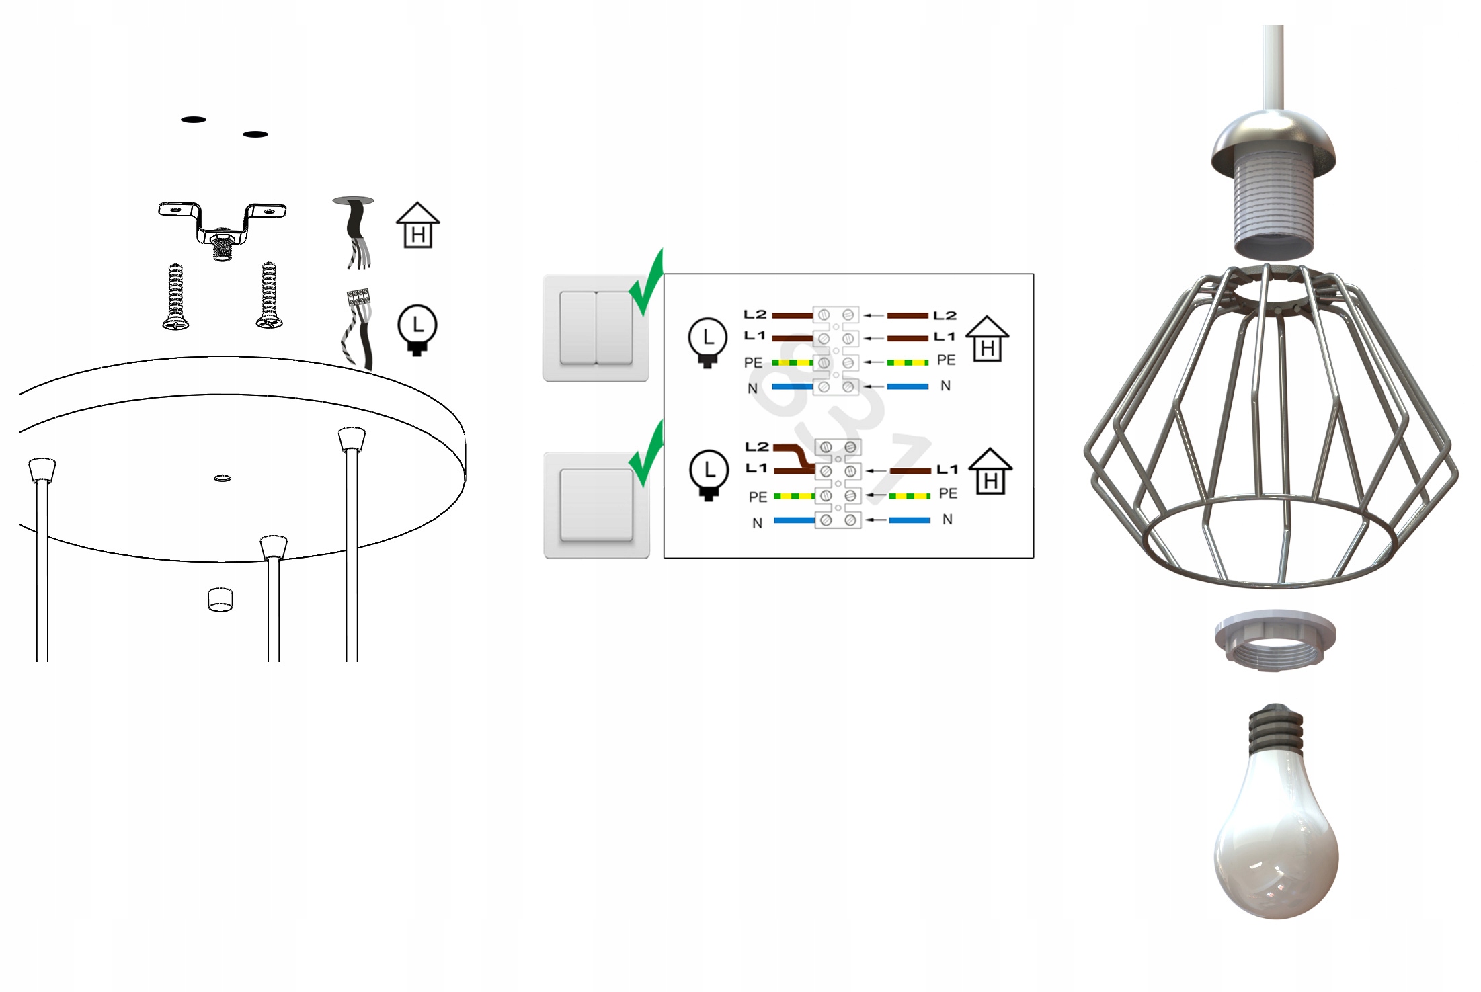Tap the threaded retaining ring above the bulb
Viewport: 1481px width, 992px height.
coord(1275,642)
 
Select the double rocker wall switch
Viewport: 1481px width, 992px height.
coord(596,328)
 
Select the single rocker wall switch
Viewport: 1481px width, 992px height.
coord(596,505)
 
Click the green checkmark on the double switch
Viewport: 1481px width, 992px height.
coord(647,284)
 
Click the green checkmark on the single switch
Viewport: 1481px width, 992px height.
coord(647,456)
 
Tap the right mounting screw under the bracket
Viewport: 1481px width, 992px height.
coord(269,296)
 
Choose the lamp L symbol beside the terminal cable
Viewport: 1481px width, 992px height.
coord(417,329)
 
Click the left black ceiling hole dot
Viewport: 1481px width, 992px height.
coord(194,120)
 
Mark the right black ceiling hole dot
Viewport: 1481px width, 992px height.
coord(255,134)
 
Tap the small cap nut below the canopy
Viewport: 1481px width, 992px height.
coord(221,600)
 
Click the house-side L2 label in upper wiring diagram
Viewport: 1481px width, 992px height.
coord(945,315)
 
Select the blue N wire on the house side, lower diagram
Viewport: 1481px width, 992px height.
coord(909,520)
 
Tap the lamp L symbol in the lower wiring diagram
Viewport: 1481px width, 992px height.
coord(709,474)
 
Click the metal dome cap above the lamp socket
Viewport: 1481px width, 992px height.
coord(1273,141)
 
